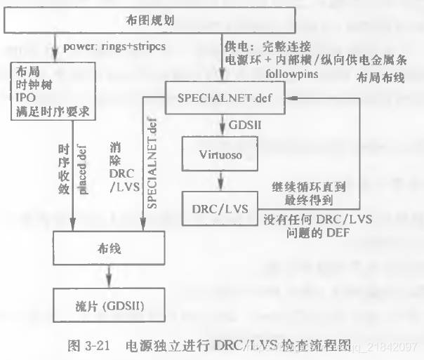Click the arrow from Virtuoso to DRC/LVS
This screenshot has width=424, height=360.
219,179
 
